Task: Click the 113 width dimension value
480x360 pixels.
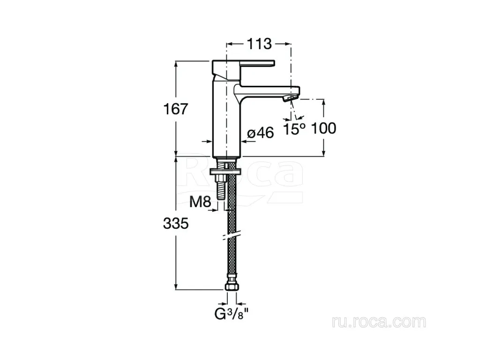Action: pyautogui.click(x=259, y=44)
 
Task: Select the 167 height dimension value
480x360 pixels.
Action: pyautogui.click(x=176, y=109)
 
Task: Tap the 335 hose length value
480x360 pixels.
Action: pyautogui.click(x=176, y=224)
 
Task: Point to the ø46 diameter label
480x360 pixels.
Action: pyautogui.click(x=261, y=133)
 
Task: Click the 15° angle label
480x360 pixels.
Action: pyautogui.click(x=294, y=129)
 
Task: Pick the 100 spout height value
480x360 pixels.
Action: pyautogui.click(x=323, y=128)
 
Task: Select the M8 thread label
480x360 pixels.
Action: pyautogui.click(x=201, y=202)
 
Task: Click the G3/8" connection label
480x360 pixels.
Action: pyautogui.click(x=231, y=314)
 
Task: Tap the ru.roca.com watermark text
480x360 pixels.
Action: pyautogui.click(x=379, y=322)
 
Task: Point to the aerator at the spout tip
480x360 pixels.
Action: pyautogui.click(x=290, y=98)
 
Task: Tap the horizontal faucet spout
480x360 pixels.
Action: pyautogui.click(x=267, y=91)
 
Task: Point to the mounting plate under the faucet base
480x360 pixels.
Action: pyautogui.click(x=226, y=171)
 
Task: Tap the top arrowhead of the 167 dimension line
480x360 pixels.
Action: pyautogui.click(x=176, y=64)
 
